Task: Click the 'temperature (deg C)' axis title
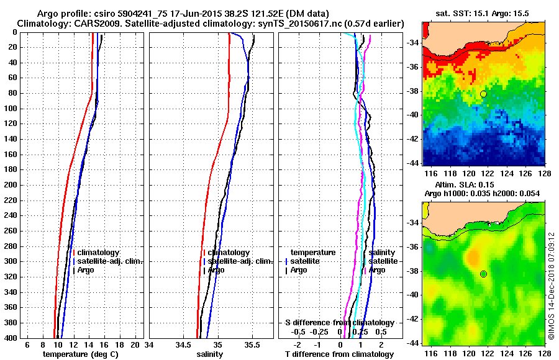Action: (x=80, y=354)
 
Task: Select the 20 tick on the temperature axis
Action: (x=136, y=344)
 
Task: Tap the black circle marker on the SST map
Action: (x=483, y=94)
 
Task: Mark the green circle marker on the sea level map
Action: (x=483, y=274)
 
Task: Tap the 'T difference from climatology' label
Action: (x=339, y=354)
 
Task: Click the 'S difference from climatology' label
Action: (x=339, y=323)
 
